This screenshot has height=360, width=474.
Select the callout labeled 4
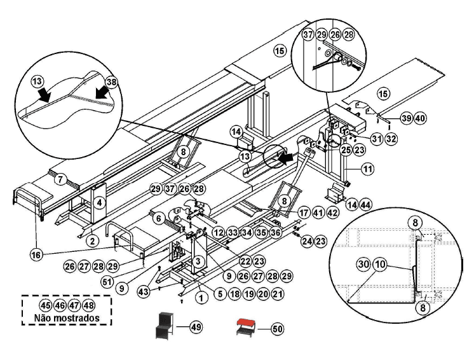[x=100, y=203]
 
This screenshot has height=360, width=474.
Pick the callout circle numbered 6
[x=158, y=218]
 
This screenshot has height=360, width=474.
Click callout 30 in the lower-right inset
[x=362, y=262]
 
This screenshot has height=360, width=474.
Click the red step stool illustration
[x=245, y=329]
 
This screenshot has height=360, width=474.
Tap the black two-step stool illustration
[x=166, y=326]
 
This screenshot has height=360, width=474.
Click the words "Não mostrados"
[x=67, y=317]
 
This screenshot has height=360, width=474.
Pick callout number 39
[x=407, y=118]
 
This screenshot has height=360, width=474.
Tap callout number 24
[x=307, y=241]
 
